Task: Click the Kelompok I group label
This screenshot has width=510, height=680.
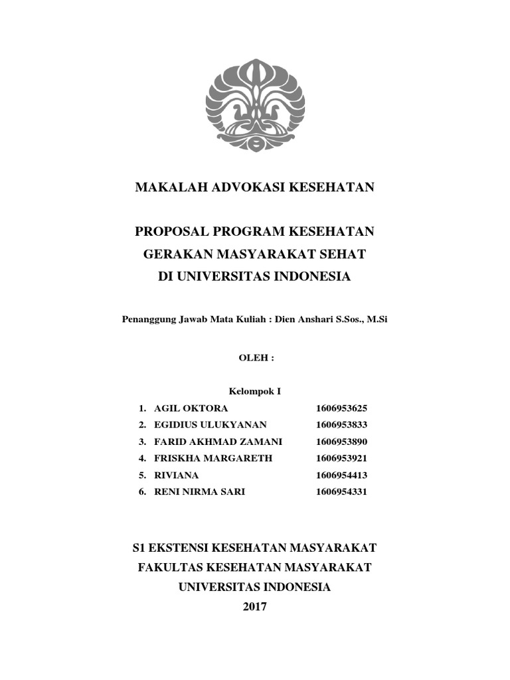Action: coord(255,392)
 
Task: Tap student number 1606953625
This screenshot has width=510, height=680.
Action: coord(342,408)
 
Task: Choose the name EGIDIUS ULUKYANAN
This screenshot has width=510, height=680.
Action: coord(210,425)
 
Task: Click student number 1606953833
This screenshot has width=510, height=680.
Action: coord(342,425)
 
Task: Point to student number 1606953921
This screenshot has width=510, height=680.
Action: coord(342,458)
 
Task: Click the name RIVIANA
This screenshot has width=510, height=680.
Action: coord(176,475)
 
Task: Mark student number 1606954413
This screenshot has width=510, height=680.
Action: coord(342,475)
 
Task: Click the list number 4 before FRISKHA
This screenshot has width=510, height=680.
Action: coord(141,458)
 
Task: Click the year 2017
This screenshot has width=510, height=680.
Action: coord(255,607)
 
